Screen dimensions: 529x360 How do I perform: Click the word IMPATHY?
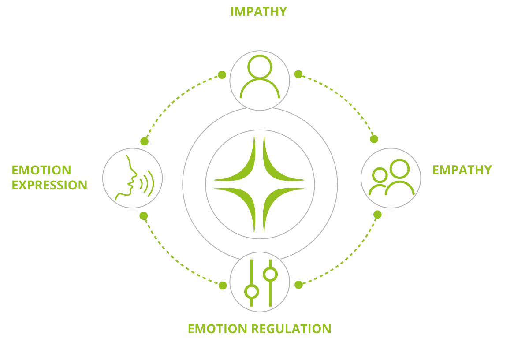259,11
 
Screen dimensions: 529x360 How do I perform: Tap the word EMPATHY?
462,170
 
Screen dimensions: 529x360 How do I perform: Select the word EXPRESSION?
49,185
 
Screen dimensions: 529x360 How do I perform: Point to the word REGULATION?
291,329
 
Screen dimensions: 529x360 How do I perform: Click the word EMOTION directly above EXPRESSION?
41,170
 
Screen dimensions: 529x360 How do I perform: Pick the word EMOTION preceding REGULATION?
217,329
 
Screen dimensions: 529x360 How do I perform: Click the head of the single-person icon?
260,67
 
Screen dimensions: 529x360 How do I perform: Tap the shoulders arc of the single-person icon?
260,80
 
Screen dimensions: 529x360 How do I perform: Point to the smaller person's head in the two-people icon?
380,175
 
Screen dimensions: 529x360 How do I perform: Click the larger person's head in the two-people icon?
399,169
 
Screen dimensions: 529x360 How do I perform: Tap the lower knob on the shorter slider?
252,292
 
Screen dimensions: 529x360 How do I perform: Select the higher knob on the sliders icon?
270,275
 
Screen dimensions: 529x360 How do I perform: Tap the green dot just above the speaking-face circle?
144,141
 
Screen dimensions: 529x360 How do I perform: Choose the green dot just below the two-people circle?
377,215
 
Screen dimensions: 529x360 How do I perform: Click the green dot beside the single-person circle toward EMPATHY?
298,74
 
